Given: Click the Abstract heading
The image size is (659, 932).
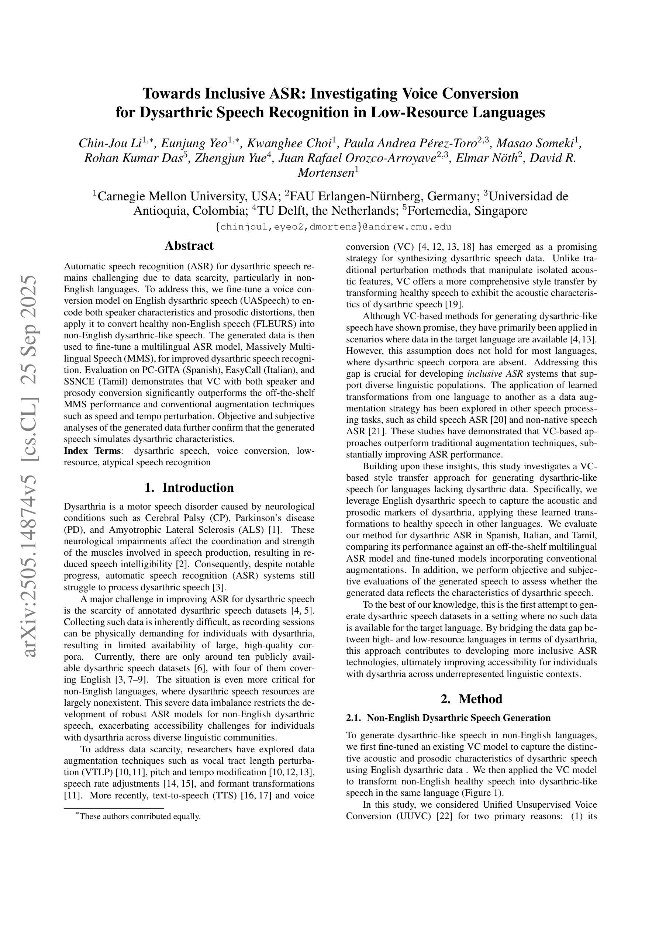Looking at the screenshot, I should pos(189,246).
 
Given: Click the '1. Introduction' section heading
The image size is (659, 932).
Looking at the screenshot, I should pos(189,487).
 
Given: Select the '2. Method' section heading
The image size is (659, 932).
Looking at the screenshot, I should pos(471,698).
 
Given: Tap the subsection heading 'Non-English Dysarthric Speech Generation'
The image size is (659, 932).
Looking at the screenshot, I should pos(458,718).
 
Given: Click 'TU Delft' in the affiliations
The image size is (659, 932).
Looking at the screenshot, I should pos(283,211).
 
